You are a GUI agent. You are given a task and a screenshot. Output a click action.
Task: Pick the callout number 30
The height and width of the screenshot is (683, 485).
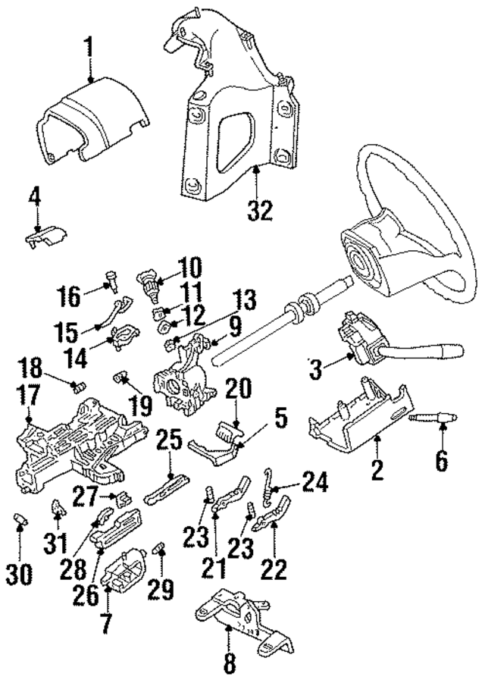[23, 574]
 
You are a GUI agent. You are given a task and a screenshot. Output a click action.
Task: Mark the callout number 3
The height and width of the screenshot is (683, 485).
[317, 371]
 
